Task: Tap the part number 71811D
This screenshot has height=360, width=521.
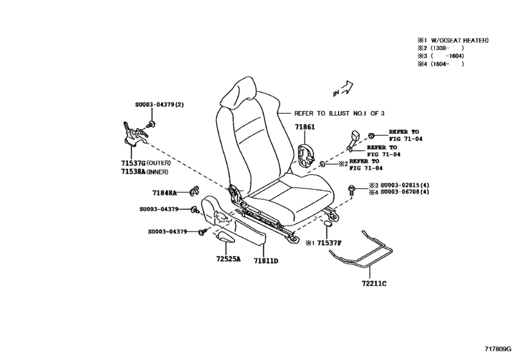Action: [x=265, y=260]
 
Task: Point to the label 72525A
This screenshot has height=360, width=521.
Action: [x=227, y=260]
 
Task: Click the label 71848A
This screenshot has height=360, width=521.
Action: [x=165, y=192]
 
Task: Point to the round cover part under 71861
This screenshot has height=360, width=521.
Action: [x=306, y=154]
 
